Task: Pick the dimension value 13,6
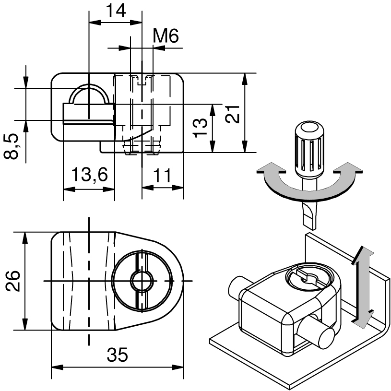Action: coord(89,175)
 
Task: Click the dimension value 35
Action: coord(118,355)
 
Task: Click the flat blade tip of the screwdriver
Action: coord(309,216)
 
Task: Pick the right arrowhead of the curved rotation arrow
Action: coord(346,169)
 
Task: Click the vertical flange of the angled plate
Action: coord(336,259)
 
